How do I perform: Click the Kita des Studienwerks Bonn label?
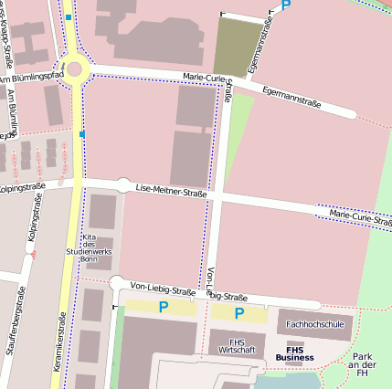point(89,247)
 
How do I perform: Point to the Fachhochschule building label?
point(314,324)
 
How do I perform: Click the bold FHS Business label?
point(300,352)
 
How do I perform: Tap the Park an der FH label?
point(363,363)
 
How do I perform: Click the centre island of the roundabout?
point(73,68)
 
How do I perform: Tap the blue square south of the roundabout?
point(81,134)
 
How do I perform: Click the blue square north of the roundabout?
point(68,16)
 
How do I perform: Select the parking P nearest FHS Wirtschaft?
point(239,313)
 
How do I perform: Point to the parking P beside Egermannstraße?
point(286,5)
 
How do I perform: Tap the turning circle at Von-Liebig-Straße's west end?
point(116,283)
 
